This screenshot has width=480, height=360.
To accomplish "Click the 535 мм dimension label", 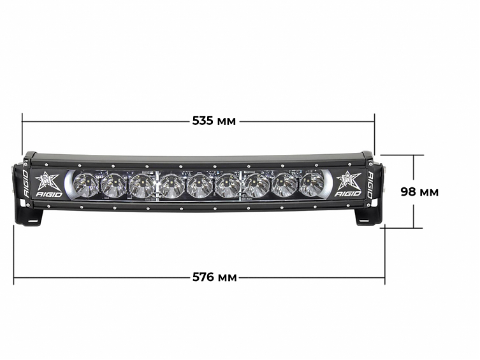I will (x=214, y=120).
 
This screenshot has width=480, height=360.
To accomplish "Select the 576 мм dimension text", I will (x=214, y=277).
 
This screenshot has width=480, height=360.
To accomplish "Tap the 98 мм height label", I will (x=419, y=191).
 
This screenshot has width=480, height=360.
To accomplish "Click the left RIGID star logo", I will (x=48, y=184).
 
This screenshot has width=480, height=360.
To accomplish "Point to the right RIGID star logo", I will (x=348, y=184).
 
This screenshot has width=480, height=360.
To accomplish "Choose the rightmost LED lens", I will (x=312, y=184).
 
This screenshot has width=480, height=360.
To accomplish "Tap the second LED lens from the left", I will (x=114, y=185).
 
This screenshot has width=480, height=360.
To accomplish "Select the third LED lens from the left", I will (x=142, y=186).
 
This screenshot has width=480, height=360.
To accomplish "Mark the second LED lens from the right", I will (x=284, y=185).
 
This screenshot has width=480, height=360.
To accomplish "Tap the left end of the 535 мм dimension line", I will (x=22, y=120).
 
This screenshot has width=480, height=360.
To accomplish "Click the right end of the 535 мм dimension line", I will (x=374, y=120).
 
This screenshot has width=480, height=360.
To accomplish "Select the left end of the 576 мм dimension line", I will (x=14, y=277).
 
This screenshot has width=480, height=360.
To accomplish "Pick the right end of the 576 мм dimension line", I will (x=384, y=277).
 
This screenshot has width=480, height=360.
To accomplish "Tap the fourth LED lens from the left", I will (x=171, y=187).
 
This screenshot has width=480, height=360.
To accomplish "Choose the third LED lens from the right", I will (x=256, y=186).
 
